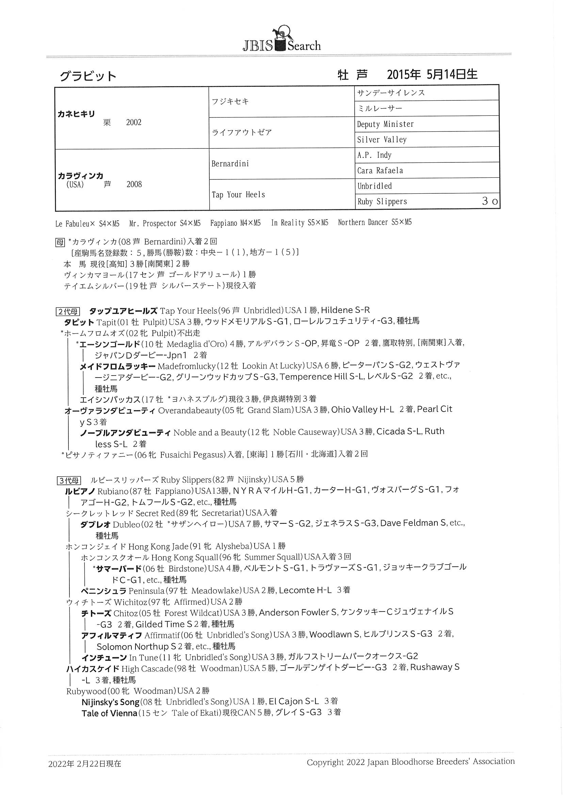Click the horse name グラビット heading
point(88,76)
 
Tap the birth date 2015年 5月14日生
point(432,75)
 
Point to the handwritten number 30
point(490,202)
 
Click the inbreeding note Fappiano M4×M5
point(236,223)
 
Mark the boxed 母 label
point(60,242)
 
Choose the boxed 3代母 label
point(69,480)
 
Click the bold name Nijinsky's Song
point(110,702)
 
